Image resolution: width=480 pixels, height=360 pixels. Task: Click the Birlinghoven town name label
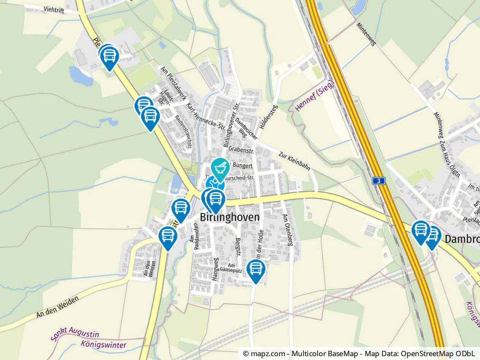point(230,217)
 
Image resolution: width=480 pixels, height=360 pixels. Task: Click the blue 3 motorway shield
point(379,181)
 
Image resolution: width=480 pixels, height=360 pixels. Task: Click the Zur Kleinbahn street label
point(294,161)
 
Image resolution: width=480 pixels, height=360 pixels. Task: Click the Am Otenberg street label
point(287,229)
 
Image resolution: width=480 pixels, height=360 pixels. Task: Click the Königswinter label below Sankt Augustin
point(103,345)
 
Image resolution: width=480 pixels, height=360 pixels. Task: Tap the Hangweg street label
point(215,269)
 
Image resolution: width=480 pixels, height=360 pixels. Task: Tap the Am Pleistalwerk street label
point(173,83)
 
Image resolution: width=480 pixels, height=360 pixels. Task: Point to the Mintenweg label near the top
point(366,34)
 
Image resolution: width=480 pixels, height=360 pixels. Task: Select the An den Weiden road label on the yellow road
point(58,307)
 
